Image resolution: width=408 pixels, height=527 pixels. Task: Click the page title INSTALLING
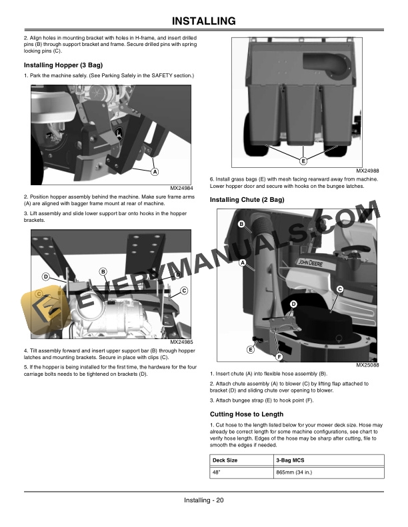coord(204,21)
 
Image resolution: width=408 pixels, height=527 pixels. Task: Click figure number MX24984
coord(181,188)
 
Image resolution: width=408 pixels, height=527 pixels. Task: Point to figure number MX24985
coord(181,342)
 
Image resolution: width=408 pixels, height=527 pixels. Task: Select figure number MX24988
coord(368,171)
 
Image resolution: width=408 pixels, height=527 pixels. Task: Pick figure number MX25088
coord(368,365)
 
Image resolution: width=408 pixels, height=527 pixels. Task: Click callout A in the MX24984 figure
coord(155,172)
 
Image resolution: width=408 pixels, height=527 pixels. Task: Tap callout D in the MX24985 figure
coord(46,276)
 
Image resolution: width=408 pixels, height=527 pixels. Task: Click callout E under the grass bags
coord(303,161)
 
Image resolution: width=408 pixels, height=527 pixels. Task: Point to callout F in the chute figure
coord(279,358)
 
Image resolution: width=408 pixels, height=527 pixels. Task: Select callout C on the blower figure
coord(340,288)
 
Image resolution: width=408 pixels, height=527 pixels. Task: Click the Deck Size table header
coord(225,460)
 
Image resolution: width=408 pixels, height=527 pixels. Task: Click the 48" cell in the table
coord(217,472)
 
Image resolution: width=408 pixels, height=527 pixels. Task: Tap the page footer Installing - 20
coord(204,501)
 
